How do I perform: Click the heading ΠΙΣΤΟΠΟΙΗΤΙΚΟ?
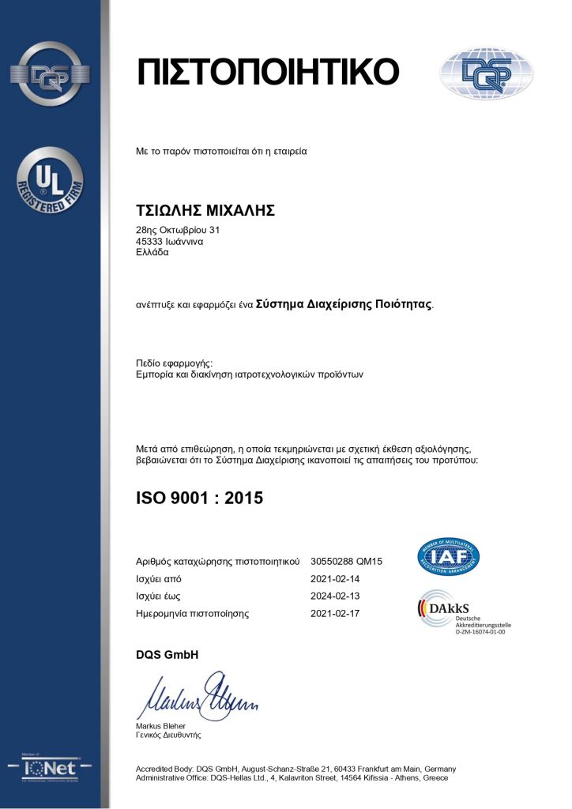[269, 72]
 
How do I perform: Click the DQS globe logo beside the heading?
[487, 73]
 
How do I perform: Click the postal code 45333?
[150, 242]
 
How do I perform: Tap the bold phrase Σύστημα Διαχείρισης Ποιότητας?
[344, 303]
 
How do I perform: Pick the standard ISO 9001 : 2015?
[200, 498]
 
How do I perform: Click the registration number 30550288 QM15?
[347, 562]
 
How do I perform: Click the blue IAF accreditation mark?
[448, 556]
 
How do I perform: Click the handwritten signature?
[198, 696]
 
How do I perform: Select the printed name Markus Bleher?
[161, 725]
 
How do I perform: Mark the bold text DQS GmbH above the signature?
[167, 655]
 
